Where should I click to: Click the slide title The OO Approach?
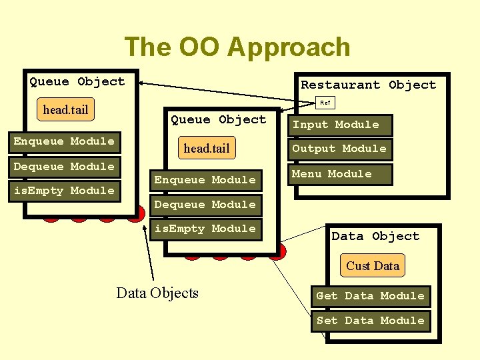[237, 47]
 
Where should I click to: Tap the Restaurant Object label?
[368, 85]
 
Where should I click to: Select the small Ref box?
[325, 103]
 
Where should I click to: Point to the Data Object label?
[375, 236]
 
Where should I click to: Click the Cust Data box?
[372, 265]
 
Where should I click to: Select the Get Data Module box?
[370, 296]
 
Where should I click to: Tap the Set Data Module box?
[370, 321]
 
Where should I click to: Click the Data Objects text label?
[157, 293]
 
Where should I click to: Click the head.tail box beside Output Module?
[206, 149]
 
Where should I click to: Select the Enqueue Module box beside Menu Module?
[205, 180]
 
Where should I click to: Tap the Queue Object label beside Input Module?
[218, 119]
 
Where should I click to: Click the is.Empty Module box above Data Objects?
[205, 229]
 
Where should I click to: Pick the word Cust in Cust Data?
[358, 265]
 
